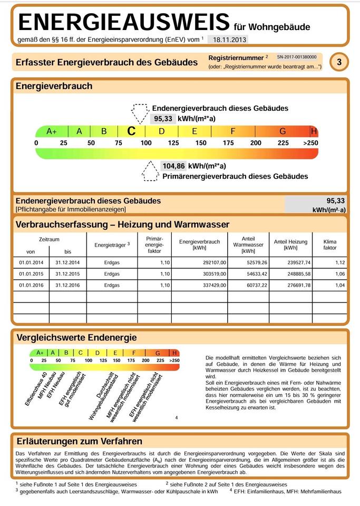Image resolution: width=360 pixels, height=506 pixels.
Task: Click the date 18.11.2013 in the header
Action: [x=227, y=40]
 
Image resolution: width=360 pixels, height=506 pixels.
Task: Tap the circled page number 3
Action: [x=339, y=62]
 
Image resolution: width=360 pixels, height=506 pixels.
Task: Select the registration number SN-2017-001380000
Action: [x=297, y=56]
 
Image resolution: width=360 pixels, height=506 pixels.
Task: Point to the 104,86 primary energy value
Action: [x=173, y=166]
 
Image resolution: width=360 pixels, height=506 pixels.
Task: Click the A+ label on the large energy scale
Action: [x=52, y=131]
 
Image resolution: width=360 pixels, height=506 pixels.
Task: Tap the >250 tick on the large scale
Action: [x=311, y=143]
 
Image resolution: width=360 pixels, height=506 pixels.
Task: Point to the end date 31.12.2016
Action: [x=67, y=285]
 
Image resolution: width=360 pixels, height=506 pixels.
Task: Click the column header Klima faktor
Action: [x=330, y=245]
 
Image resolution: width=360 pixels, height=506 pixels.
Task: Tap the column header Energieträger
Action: [x=112, y=245]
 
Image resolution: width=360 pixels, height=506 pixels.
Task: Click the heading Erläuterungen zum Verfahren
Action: [x=79, y=441]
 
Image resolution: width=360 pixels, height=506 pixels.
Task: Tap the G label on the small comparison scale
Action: [x=157, y=353]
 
